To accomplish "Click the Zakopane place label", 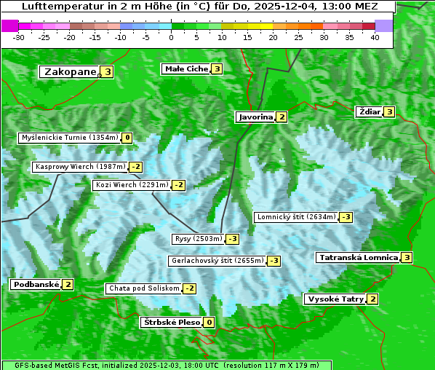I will coord(70,72).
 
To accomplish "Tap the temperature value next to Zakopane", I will coord(108,72).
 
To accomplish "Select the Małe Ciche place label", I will coord(186,69).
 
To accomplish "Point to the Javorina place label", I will coord(255,117).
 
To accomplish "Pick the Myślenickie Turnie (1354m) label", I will coord(70,138).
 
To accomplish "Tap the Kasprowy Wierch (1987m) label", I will coord(81,167).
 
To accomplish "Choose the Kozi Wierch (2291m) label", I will coord(132,185).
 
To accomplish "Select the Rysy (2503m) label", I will coord(198,239).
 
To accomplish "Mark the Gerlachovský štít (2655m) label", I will coord(217,261).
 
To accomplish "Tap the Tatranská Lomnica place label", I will coord(358,258).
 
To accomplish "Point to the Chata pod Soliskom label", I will coord(143,288).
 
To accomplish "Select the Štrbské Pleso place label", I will coord(171,323).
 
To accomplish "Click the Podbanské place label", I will coord(35,285).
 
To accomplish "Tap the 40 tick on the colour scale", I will coord(375,37).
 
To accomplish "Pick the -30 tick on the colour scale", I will coord(19,37).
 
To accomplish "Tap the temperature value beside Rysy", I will coord(233,239).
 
